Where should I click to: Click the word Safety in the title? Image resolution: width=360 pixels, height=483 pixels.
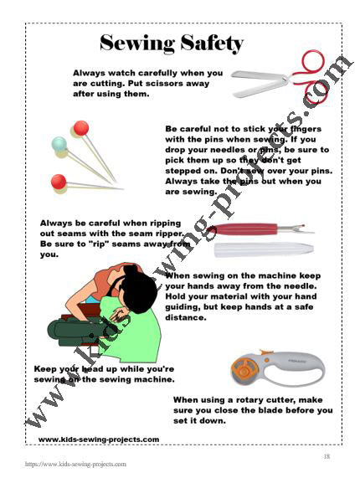208,43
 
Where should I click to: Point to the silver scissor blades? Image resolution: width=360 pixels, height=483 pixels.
260,79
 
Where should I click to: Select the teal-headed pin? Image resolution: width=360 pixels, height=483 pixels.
59,143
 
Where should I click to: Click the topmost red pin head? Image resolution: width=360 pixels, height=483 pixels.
80,128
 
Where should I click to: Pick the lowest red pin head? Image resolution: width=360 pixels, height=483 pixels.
59,181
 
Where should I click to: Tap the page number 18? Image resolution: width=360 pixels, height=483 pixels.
327,456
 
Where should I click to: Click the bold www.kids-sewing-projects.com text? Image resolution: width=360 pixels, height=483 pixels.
98,439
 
